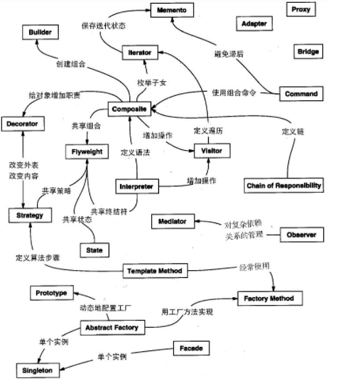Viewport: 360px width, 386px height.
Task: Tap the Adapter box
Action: [x=254, y=24]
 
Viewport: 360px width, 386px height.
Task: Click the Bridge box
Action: [x=307, y=52]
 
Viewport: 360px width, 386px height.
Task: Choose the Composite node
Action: [x=129, y=109]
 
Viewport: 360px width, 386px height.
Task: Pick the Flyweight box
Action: [x=88, y=151]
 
